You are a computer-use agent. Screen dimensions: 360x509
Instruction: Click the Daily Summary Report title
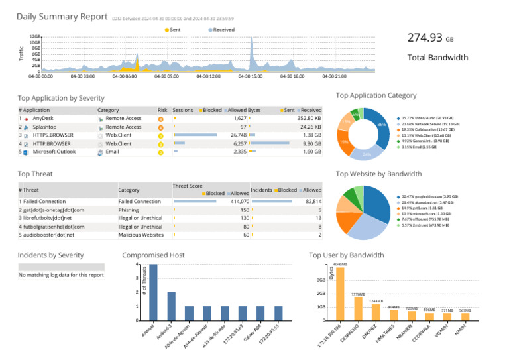pos(62,17)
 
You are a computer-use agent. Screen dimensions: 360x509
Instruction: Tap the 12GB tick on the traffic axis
pos(35,37)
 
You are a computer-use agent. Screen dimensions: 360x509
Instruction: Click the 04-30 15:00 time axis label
pos(252,76)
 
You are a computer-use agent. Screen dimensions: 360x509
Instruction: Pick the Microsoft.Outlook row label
pos(54,152)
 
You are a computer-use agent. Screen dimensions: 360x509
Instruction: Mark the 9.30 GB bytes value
pos(312,143)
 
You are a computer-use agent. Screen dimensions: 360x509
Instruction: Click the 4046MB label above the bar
pos(340,263)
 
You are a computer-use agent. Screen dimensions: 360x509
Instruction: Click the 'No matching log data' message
pos(61,275)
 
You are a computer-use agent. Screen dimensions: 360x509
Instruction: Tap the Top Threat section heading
pos(35,174)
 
